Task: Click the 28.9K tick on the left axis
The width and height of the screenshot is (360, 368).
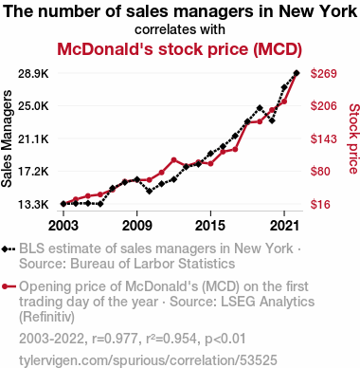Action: click(x=33, y=74)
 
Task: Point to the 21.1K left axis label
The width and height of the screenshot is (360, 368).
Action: click(x=33, y=138)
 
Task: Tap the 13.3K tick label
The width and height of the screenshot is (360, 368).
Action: click(x=33, y=205)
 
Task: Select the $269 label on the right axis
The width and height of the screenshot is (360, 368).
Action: click(x=324, y=74)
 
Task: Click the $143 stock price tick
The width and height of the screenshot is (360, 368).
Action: click(x=324, y=138)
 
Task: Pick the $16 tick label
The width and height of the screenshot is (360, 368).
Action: click(x=320, y=205)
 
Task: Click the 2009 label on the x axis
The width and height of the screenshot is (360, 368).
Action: click(x=136, y=226)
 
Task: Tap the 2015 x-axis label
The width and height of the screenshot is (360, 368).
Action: click(x=210, y=226)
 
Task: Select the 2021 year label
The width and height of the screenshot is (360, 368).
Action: click(x=284, y=226)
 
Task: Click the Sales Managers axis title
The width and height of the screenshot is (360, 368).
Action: click(x=7, y=138)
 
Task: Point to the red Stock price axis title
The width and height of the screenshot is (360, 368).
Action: click(x=353, y=138)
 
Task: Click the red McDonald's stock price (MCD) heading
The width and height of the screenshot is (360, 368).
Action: click(x=179, y=49)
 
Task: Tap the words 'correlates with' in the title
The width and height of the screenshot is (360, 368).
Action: click(x=180, y=29)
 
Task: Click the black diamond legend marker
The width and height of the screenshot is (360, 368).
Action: click(x=5, y=249)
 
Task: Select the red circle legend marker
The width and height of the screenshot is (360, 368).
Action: click(x=5, y=286)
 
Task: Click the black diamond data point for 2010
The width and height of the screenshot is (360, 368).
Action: click(x=150, y=191)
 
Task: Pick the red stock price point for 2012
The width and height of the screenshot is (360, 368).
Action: click(x=173, y=160)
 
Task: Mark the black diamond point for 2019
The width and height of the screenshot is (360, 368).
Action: click(x=260, y=108)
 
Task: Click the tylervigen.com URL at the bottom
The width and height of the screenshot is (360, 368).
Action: click(x=148, y=360)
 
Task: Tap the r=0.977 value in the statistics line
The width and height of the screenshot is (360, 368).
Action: click(x=115, y=339)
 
